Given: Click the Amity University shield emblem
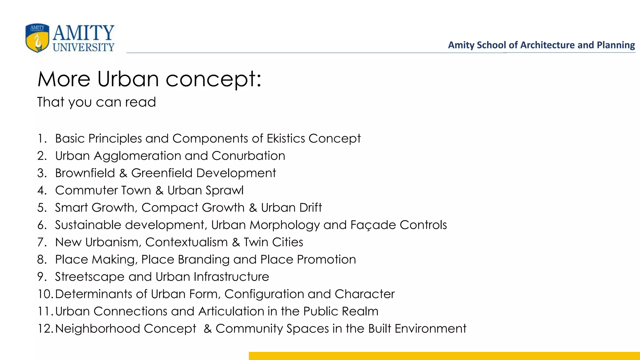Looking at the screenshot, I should [x=37, y=38].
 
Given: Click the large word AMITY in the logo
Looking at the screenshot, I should [x=83, y=33].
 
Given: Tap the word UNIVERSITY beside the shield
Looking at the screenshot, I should [x=83, y=47].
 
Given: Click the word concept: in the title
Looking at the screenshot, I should [x=213, y=79].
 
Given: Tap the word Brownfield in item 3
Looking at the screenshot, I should [x=85, y=173].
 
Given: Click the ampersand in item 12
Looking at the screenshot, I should [x=207, y=329].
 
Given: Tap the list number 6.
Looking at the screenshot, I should [x=42, y=225].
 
